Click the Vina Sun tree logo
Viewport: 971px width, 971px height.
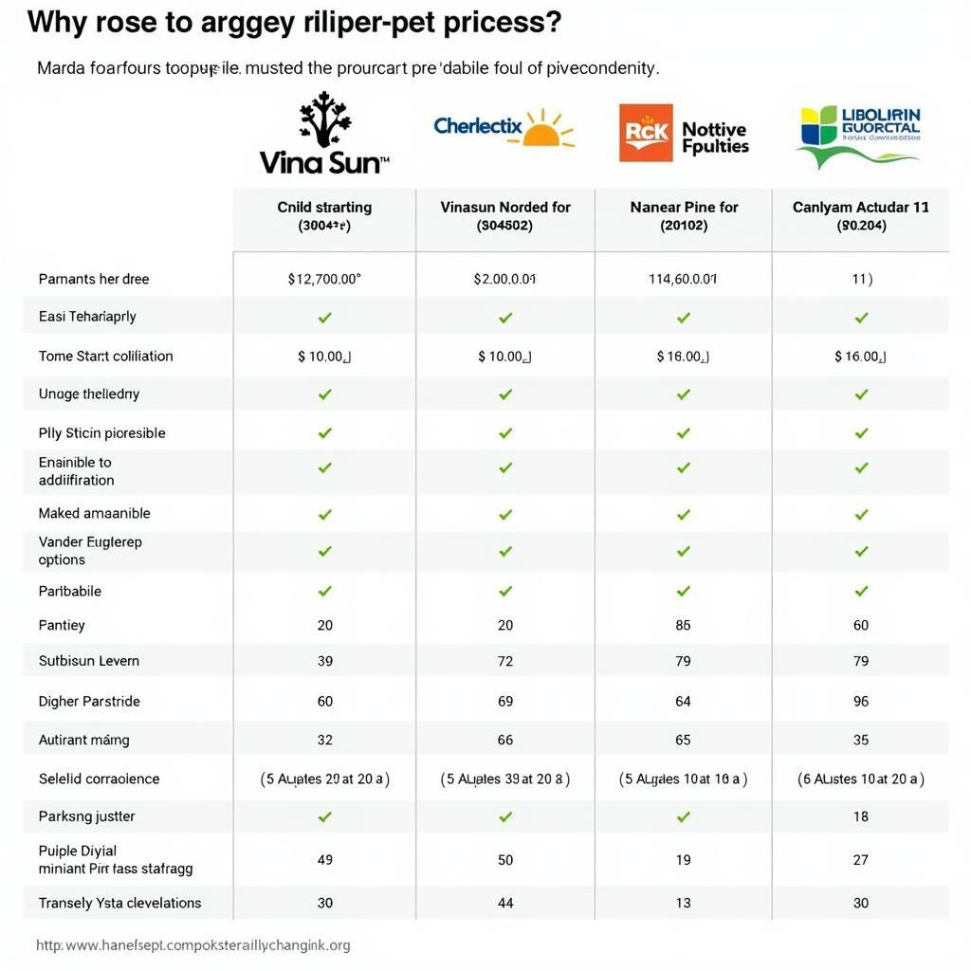[325, 122]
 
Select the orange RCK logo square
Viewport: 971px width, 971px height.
[646, 133]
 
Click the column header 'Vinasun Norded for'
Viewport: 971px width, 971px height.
[505, 207]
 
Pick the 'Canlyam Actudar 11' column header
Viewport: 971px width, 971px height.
[860, 207]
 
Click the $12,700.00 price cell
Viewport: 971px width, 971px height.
[324, 279]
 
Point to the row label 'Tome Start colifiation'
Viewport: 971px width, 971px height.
[105, 357]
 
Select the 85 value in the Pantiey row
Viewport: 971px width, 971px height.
[683, 625]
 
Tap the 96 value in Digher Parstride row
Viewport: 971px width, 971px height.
[861, 702]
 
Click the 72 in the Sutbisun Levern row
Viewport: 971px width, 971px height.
[505, 661]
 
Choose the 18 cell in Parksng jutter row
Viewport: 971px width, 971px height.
[861, 816]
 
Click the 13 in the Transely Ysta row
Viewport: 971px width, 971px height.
[683, 903]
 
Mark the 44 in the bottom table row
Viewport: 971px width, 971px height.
[505, 903]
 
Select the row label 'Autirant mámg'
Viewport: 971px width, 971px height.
[83, 740]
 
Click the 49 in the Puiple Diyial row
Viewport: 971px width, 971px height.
[324, 860]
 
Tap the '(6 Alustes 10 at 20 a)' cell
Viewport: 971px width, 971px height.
[861, 779]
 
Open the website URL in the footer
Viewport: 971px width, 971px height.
[193, 945]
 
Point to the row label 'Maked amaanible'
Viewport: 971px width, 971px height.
[94, 513]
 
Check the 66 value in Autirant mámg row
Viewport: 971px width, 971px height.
[505, 740]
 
